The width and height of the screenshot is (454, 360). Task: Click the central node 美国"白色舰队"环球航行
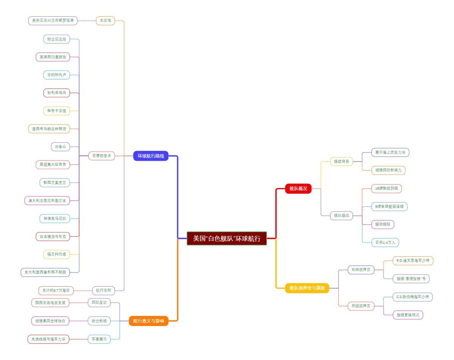click(x=227, y=239)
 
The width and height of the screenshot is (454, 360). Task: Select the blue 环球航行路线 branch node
click(x=151, y=156)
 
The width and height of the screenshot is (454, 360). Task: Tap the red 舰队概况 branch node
click(x=298, y=188)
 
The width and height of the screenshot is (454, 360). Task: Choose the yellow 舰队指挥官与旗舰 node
click(x=307, y=288)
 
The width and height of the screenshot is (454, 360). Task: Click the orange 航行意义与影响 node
click(x=148, y=321)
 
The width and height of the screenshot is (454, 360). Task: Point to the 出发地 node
click(x=106, y=20)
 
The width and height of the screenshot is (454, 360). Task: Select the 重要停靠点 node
click(x=102, y=156)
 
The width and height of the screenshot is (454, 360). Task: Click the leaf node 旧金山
click(x=60, y=147)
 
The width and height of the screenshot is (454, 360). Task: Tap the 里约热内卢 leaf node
click(x=56, y=75)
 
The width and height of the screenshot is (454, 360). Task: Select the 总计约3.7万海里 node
click(x=56, y=290)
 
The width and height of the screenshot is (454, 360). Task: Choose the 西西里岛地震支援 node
click(x=50, y=303)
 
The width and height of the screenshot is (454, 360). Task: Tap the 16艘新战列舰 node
click(x=386, y=188)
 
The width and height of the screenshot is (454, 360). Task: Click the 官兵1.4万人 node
click(x=385, y=242)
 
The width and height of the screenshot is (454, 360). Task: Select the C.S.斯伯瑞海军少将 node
click(x=412, y=297)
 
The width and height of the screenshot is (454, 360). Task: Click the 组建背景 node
click(x=341, y=161)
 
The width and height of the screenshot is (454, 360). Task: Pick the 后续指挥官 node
click(x=361, y=306)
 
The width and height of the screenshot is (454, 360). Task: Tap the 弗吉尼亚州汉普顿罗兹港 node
click(x=53, y=20)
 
